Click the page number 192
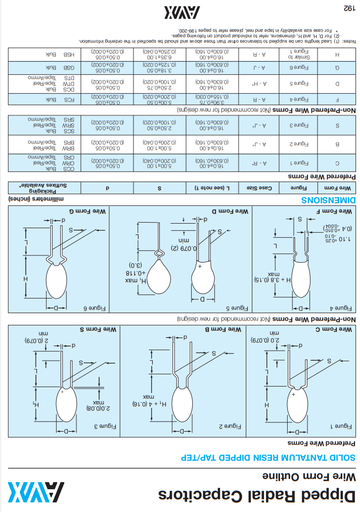coord(347,8)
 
